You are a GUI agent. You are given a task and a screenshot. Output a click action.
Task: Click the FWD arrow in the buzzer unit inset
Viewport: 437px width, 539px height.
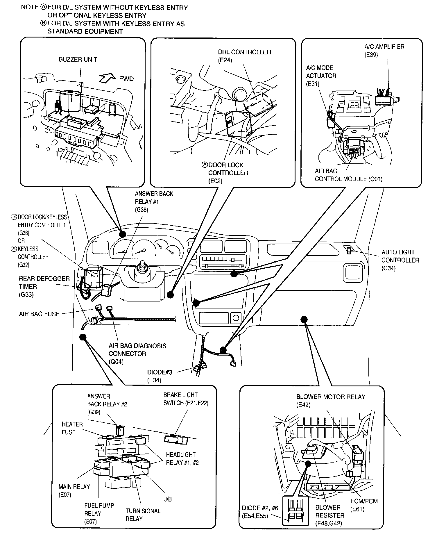107,78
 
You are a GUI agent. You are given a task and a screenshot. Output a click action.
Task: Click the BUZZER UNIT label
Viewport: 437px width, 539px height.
78,59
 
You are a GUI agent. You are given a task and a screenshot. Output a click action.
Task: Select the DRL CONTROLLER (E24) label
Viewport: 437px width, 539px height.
244,56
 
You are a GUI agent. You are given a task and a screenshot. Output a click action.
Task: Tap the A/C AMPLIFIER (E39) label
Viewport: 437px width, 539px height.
384,50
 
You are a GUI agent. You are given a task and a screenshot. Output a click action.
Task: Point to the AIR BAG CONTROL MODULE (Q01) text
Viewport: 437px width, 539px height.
348,175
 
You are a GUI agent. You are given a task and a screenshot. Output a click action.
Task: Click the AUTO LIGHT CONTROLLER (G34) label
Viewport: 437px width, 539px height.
400,260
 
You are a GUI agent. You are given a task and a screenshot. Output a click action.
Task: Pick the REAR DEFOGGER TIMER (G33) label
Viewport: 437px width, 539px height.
44,286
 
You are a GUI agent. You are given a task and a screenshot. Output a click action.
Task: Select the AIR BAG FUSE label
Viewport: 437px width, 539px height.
39,314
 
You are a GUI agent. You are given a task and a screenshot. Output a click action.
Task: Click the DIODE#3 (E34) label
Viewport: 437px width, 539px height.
160,376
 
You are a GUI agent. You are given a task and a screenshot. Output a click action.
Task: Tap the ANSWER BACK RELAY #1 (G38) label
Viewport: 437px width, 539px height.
154,201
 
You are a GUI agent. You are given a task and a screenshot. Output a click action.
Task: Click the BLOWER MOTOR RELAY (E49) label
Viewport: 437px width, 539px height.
330,400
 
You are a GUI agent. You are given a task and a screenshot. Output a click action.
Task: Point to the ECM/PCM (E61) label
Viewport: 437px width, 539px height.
364,505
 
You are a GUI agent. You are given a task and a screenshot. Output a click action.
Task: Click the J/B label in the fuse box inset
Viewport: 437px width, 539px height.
168,499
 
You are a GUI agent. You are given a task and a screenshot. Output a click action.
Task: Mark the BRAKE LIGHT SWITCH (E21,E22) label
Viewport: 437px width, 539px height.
186,399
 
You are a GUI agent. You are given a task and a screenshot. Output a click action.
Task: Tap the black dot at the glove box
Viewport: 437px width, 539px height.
304,320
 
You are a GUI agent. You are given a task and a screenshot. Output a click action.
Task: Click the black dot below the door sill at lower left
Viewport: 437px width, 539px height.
83,337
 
